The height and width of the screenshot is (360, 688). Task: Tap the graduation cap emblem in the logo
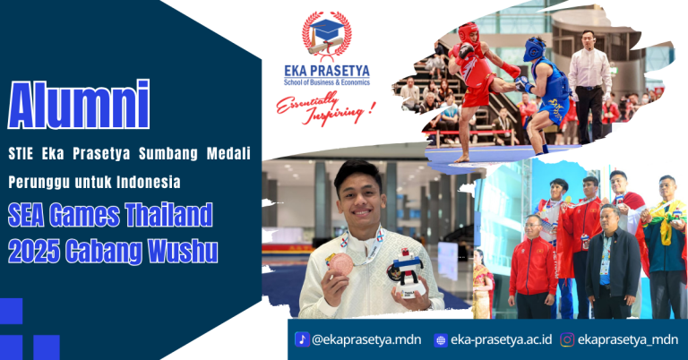pos(326,33)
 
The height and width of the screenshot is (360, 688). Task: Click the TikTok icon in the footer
pos(302,339)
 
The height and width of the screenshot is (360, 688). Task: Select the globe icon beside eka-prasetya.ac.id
pos(440,340)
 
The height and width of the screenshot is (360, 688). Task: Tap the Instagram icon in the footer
pos(567,340)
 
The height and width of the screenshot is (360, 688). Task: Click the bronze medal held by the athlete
pos(340,265)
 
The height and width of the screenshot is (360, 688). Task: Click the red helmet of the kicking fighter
pos(469,33)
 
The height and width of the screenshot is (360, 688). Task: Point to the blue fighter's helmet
pos(535,48)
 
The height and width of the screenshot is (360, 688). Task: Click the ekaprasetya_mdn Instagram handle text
pos(627,340)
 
